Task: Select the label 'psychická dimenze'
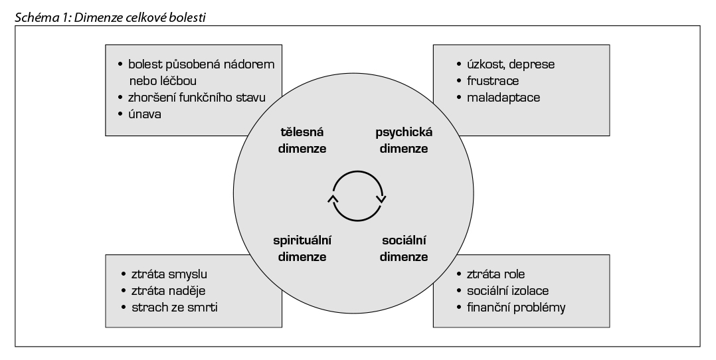coord(403,140)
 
